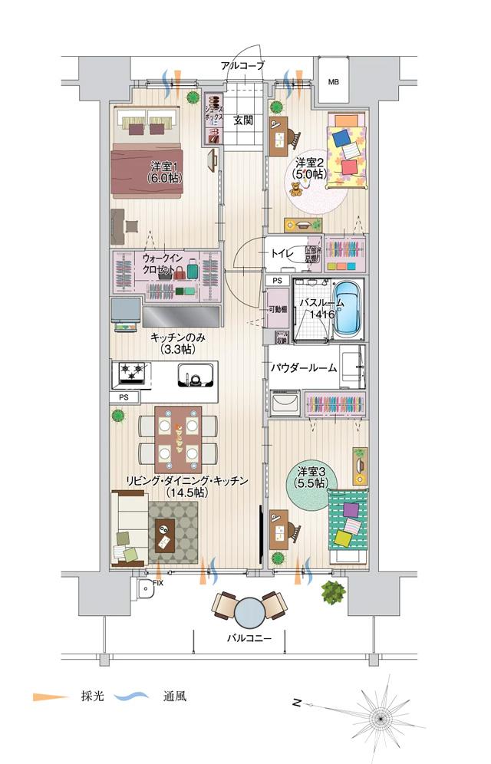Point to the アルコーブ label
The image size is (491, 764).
[x=242, y=67]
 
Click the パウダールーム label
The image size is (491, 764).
[x=303, y=367]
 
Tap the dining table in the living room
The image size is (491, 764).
[x=178, y=440]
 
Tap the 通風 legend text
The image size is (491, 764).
[x=174, y=697]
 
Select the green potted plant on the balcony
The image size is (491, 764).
[x=331, y=592]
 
